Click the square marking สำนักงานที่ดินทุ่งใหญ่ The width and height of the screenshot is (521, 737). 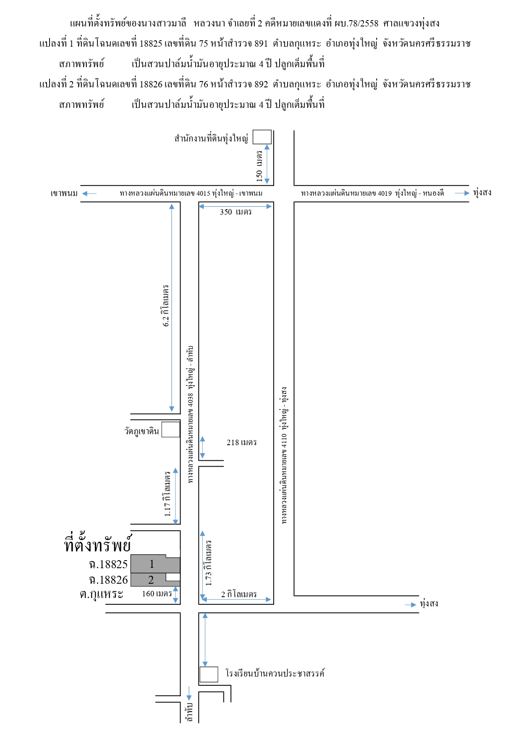[262, 137]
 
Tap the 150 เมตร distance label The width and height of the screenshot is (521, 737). [259, 166]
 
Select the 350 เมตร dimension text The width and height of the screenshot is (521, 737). [236, 212]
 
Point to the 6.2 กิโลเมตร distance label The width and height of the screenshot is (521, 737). [166, 306]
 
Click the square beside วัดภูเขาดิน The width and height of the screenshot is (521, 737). [171, 430]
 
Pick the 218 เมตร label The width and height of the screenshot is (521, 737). [241, 442]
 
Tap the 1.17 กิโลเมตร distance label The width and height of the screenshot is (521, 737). [168, 494]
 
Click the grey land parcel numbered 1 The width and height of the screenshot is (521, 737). [155, 564]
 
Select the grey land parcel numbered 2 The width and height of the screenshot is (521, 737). [155, 580]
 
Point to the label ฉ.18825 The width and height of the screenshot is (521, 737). [108, 564]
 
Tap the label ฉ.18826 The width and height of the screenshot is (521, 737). [108, 580]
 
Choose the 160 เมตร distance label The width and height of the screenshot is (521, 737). [157, 594]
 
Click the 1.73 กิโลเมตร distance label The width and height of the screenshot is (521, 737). [209, 563]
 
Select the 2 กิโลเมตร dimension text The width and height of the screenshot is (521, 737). [239, 594]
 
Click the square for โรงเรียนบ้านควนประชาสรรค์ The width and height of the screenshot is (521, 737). [209, 674]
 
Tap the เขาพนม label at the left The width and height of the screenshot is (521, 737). [64, 193]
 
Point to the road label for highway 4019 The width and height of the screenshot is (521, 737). [372, 193]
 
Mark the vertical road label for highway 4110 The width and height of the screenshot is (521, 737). [284, 455]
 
